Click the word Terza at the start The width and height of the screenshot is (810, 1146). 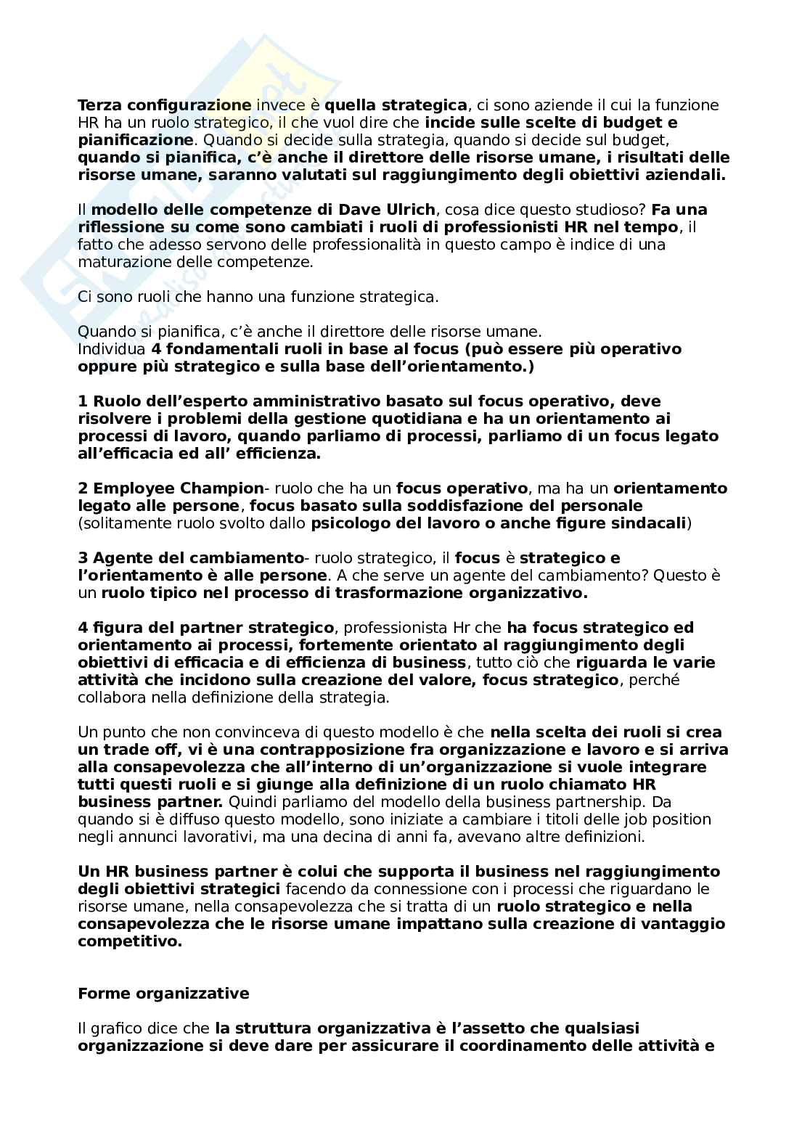coord(98,105)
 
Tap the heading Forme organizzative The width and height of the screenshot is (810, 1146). coord(163,994)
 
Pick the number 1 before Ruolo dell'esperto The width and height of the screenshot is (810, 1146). coord(82,401)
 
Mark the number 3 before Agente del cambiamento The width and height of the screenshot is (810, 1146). coord(82,558)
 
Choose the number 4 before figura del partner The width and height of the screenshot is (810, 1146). coord(82,628)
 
